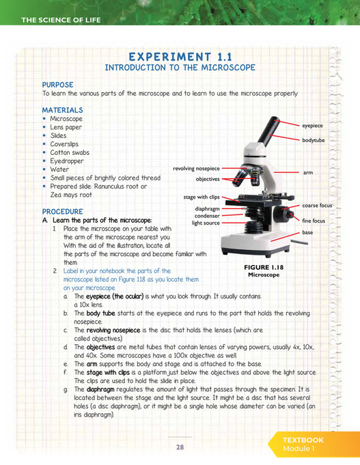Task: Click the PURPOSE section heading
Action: pos(58,84)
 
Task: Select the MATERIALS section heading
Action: pos(63,109)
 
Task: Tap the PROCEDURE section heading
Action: pos(63,212)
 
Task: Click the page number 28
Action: pos(180,447)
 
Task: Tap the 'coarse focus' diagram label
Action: pos(317,205)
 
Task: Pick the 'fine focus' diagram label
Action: pos(314,221)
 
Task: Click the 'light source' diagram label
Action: pos(206,223)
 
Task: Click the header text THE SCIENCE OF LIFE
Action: pos(61,20)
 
